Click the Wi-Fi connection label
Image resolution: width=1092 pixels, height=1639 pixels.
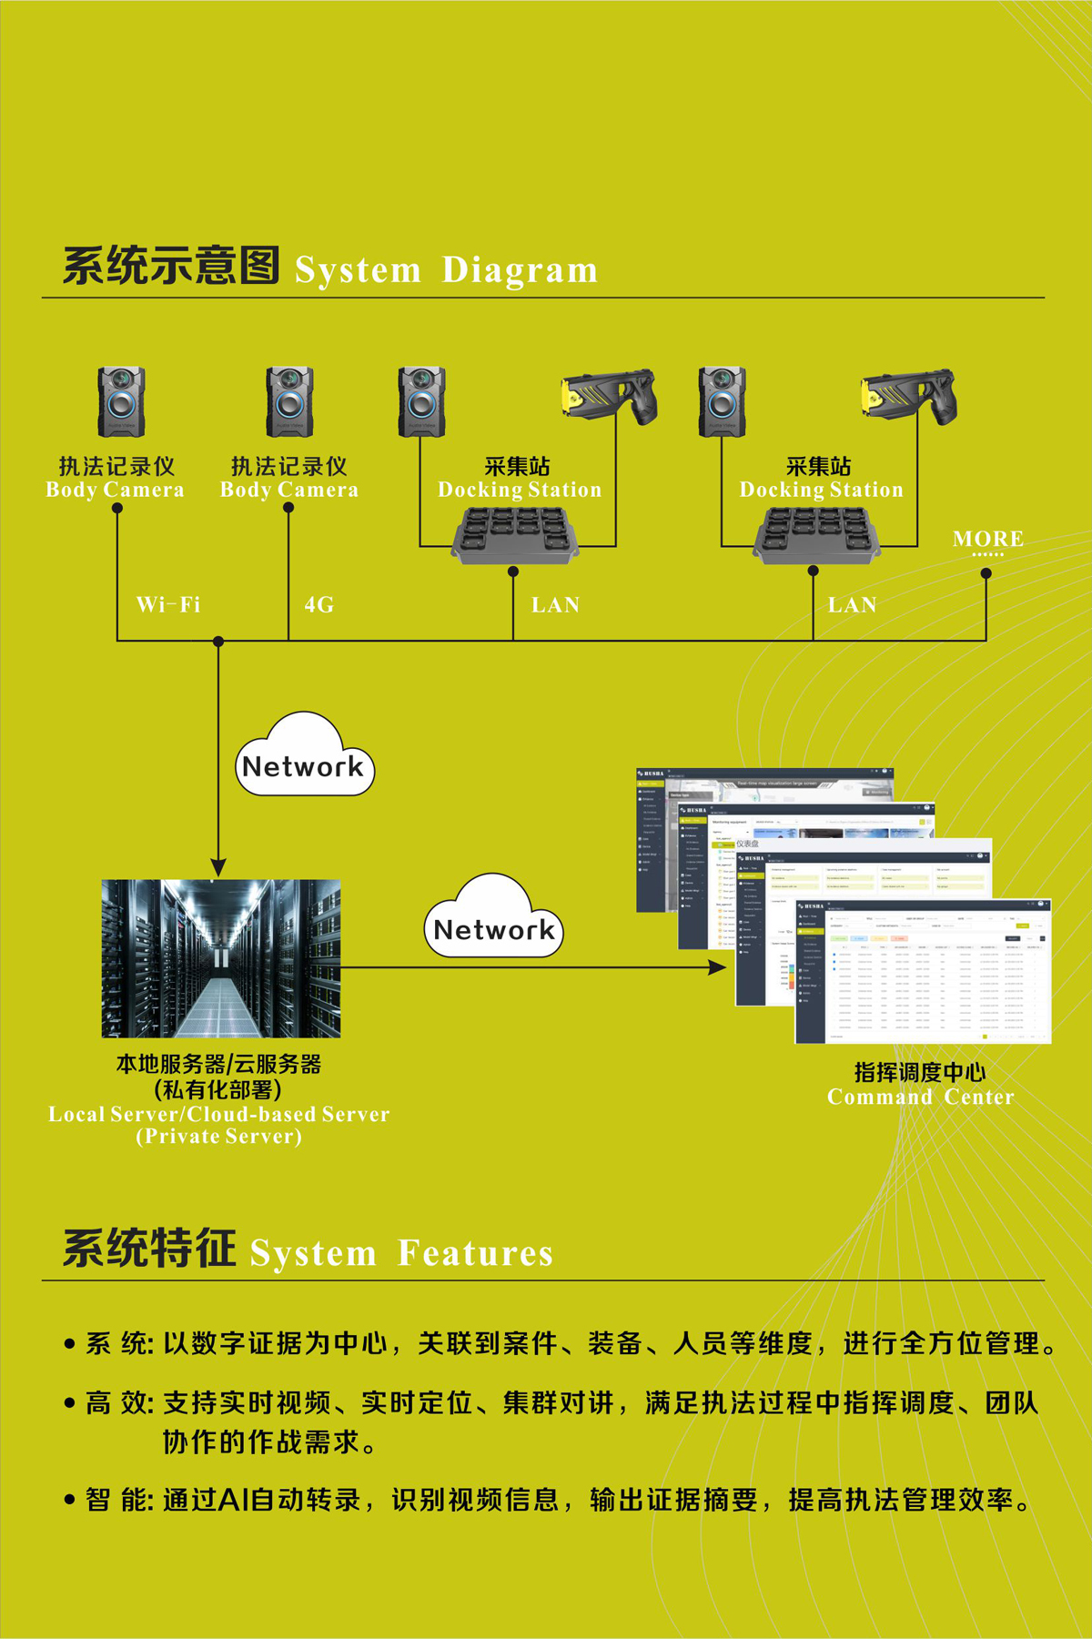[168, 605]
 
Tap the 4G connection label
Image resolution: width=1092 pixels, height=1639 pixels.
[319, 605]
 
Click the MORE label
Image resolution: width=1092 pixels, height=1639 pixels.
[988, 539]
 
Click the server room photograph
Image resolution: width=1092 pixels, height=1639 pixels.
[221, 958]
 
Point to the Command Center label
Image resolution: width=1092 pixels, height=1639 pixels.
[920, 1097]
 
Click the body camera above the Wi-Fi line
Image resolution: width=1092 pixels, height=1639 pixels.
[121, 402]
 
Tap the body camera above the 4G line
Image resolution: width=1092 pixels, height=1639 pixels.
[289, 402]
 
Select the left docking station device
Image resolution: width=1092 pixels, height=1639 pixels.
[515, 535]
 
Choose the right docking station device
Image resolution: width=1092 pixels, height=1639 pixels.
[817, 535]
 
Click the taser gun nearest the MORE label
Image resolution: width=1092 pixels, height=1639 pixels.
[909, 394]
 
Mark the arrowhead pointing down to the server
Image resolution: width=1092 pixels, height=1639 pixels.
[218, 865]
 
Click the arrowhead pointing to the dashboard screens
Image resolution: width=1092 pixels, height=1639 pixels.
[718, 967]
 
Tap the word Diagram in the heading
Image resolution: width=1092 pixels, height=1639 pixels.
[520, 270]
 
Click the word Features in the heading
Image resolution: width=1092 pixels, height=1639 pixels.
[475, 1253]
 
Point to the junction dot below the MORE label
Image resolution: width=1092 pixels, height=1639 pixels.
[986, 573]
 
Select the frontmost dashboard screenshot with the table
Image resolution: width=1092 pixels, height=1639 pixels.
[923, 971]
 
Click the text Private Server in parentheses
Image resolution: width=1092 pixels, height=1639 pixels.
[218, 1137]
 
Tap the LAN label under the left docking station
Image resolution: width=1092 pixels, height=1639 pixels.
[555, 605]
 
